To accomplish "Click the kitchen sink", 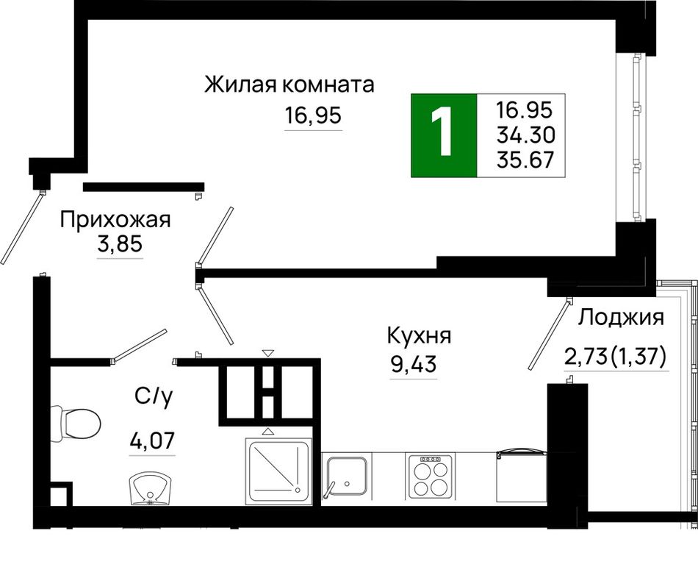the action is (x=346, y=476).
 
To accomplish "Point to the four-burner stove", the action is (x=431, y=477).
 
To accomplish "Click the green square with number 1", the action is (x=444, y=135).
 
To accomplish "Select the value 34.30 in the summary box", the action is (x=526, y=135).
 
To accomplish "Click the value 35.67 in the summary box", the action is (x=526, y=160).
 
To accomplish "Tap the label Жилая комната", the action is (x=289, y=85).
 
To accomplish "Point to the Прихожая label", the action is (x=115, y=220).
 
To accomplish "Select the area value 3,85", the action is (x=120, y=244).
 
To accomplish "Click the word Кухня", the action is (x=420, y=336).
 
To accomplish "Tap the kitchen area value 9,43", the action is (x=414, y=365).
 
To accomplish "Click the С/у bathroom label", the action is (x=153, y=396).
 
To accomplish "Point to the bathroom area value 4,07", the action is (x=152, y=441).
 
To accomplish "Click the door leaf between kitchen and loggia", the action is (x=550, y=335).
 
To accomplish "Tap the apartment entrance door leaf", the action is (x=22, y=228).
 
